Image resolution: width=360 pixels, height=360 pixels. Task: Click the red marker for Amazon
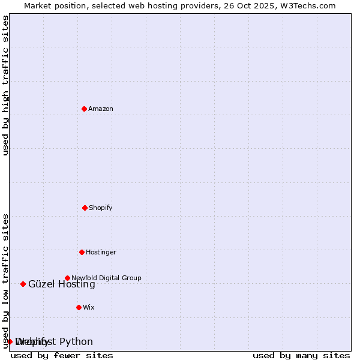[x=84, y=109]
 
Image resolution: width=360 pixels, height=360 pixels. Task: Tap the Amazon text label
[x=101, y=109]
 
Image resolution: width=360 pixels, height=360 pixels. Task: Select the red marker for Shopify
[x=85, y=208]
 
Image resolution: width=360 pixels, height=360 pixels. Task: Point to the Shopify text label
[x=101, y=208]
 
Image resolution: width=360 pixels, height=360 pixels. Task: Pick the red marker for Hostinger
[x=82, y=252]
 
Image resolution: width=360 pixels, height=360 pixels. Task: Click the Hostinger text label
[x=101, y=252]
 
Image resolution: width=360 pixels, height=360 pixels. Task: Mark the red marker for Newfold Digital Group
[x=67, y=278]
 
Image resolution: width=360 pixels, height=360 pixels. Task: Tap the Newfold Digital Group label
[x=106, y=278]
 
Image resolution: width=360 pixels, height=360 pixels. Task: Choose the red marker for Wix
[x=79, y=307]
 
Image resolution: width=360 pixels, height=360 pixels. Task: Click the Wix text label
[x=89, y=307]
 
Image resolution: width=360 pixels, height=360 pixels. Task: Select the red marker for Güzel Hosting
[x=23, y=284]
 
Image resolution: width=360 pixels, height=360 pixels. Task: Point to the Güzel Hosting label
[x=62, y=284]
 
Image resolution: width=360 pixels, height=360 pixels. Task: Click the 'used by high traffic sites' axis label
[x=5, y=85]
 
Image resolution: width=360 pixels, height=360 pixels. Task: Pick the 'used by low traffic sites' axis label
[x=5, y=281]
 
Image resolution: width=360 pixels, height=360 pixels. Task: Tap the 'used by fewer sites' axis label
[x=62, y=355]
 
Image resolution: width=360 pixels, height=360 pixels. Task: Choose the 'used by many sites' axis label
[x=301, y=355]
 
